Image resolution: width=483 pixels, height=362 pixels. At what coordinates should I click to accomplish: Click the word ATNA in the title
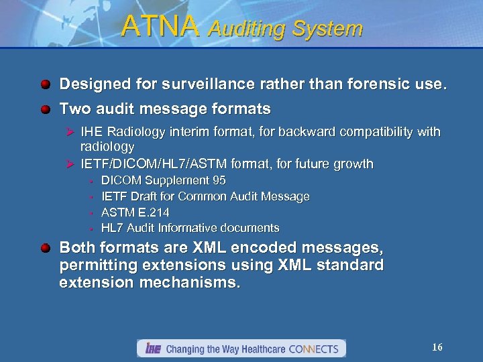coord(160,27)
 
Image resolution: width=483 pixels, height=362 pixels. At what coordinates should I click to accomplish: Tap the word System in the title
coord(327,29)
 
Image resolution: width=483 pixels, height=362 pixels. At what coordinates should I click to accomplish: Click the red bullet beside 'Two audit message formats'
coord(44,109)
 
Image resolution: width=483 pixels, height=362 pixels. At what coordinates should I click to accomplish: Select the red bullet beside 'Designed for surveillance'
coord(44,85)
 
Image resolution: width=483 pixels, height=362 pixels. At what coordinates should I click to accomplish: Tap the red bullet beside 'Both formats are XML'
coord(44,249)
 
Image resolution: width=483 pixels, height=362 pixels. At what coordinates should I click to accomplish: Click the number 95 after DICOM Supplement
coord(219,180)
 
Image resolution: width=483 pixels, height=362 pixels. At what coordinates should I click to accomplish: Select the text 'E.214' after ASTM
coord(154,213)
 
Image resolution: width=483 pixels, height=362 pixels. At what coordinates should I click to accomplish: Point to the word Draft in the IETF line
coord(145,196)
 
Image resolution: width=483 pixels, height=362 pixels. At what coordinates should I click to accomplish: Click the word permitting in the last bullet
coord(98,265)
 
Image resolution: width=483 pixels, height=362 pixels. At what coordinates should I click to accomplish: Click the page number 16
coord(437,347)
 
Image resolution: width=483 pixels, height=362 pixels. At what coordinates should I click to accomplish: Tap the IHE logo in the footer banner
coord(152,349)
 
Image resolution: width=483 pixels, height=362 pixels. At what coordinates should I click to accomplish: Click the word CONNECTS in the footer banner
coord(315,349)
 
